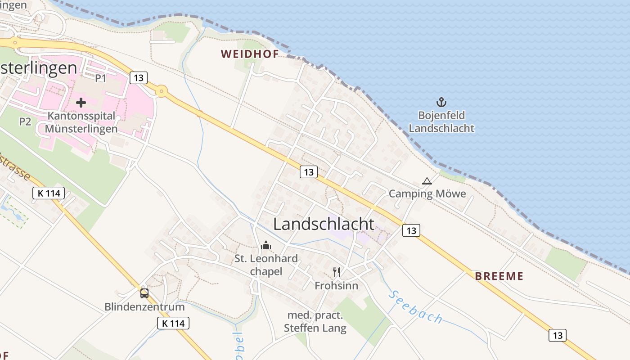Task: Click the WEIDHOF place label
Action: [250, 54]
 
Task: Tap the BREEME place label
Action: [499, 276]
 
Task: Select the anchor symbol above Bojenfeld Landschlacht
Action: [441, 102]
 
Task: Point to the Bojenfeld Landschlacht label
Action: [441, 121]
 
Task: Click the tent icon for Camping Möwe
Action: [427, 181]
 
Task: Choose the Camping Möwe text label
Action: [427, 194]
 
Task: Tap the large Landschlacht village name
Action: [324, 224]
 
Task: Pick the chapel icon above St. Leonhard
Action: [266, 246]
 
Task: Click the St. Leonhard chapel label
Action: [266, 265]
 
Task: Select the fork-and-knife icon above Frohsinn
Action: [337, 272]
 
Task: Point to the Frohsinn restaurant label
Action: [337, 286]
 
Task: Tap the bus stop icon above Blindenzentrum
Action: [144, 293]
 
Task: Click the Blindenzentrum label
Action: [144, 307]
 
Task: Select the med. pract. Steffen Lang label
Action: [315, 322]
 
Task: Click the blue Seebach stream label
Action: [415, 307]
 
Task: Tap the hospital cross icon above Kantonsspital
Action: [81, 103]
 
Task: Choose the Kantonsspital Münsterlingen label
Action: [81, 122]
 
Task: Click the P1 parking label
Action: [100, 78]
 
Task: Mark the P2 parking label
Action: [25, 121]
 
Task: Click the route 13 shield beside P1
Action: [139, 78]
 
